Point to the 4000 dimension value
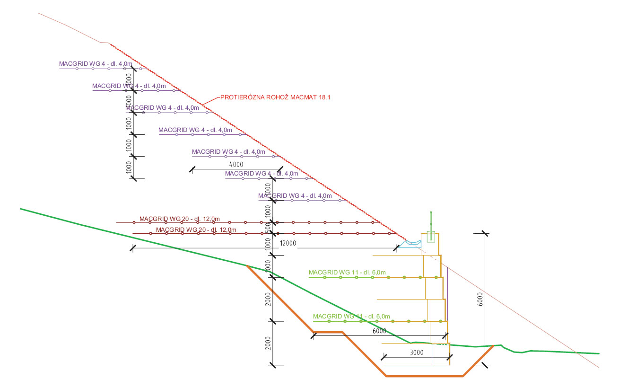235,164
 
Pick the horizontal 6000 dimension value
379,331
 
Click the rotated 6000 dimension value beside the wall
480,300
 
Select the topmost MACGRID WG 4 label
96,63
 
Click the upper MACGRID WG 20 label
179,219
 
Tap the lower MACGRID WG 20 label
196,230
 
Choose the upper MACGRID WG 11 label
348,272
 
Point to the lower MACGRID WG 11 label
351,316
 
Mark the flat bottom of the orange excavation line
424,376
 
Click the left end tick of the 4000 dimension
192,169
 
